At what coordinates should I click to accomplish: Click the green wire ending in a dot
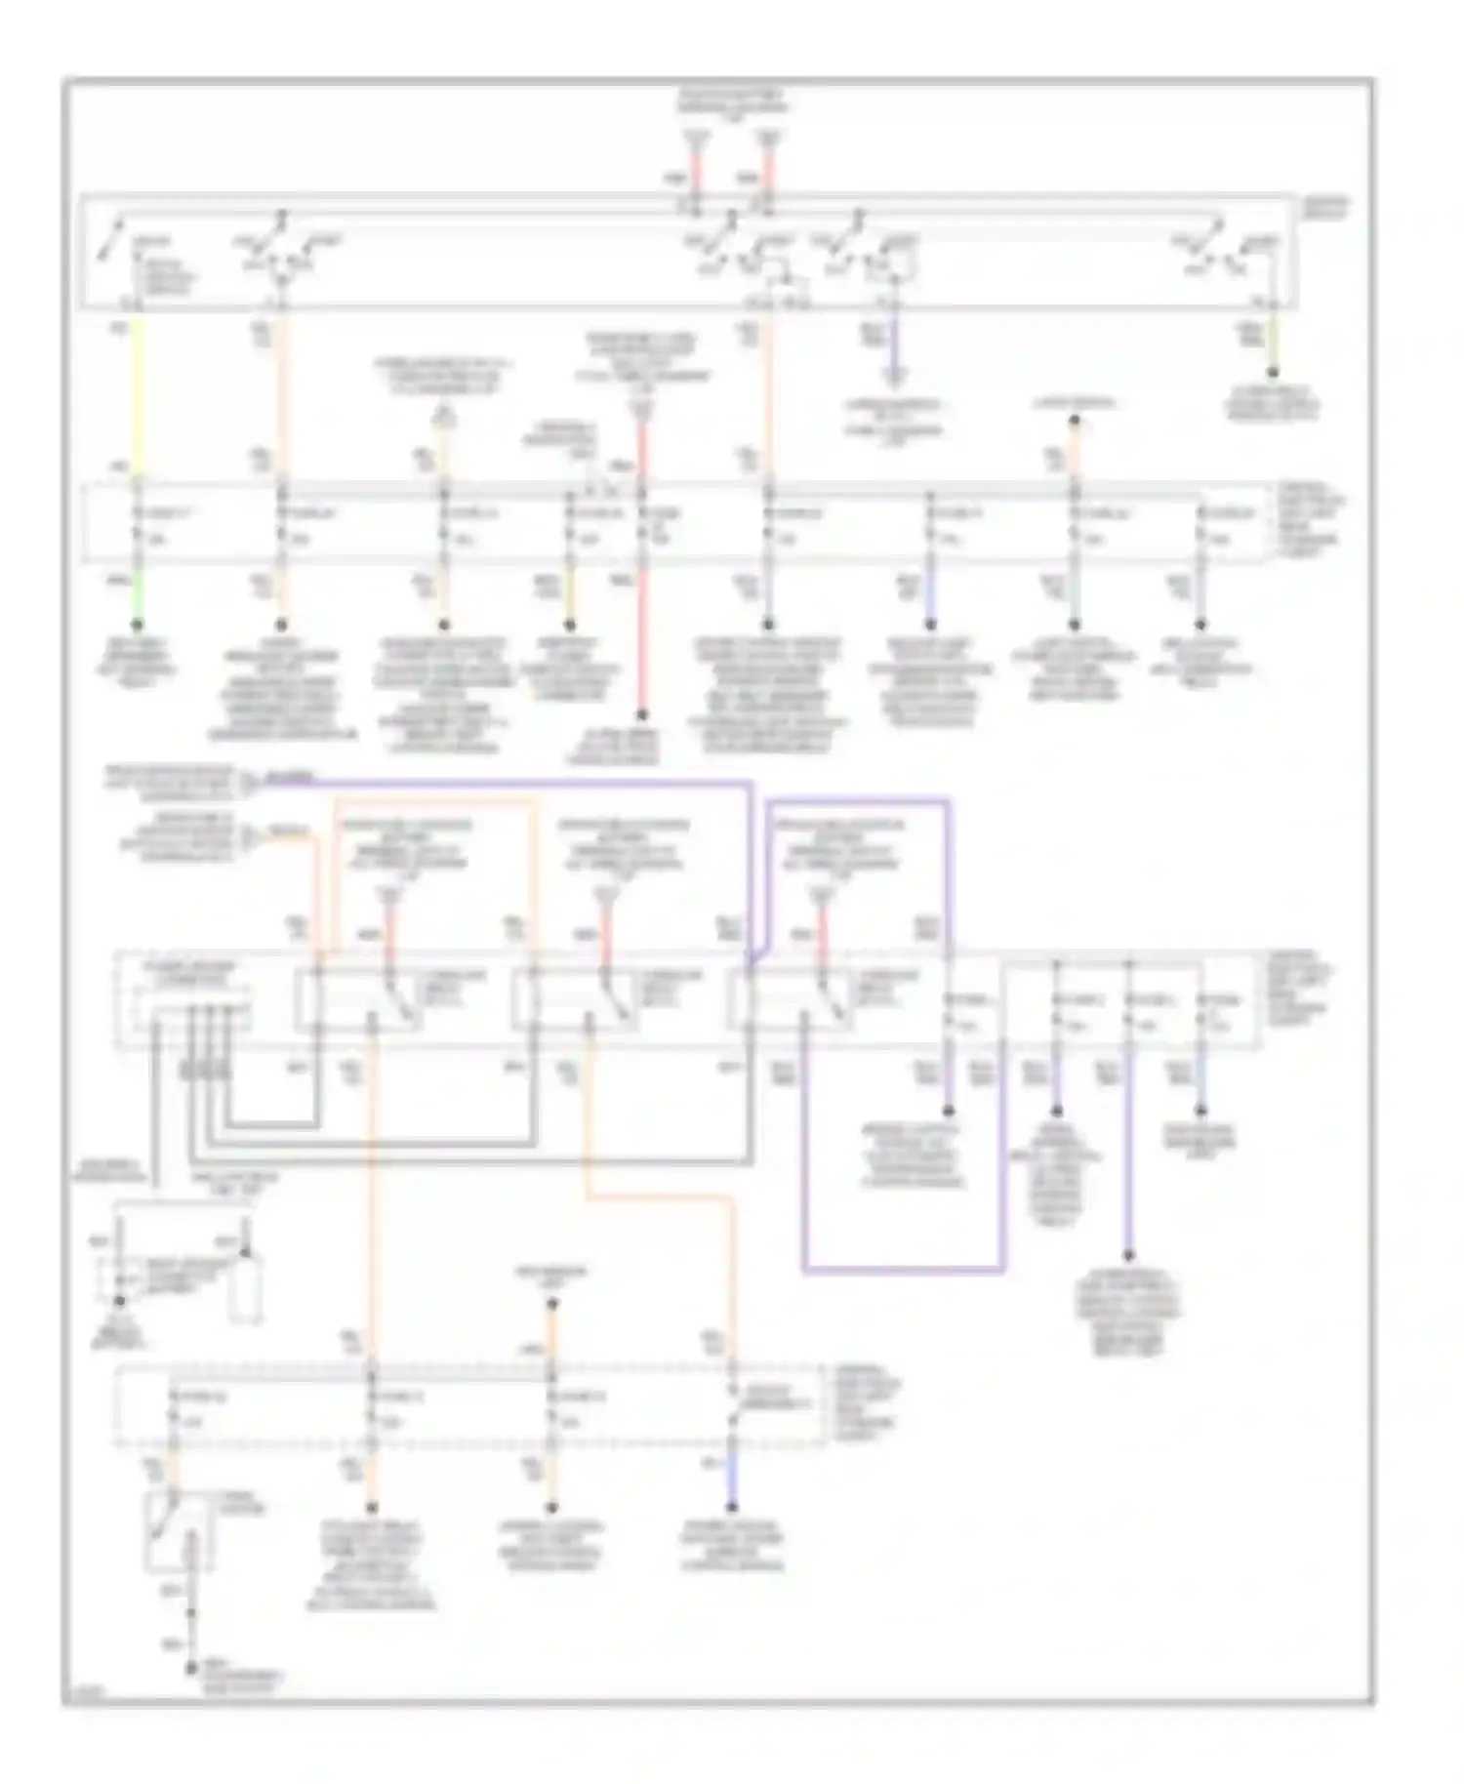coord(138,625)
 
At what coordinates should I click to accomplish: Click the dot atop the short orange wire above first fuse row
coord(1074,422)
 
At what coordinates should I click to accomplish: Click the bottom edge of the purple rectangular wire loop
coord(903,1271)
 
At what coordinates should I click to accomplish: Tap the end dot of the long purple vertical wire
coord(1129,1257)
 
